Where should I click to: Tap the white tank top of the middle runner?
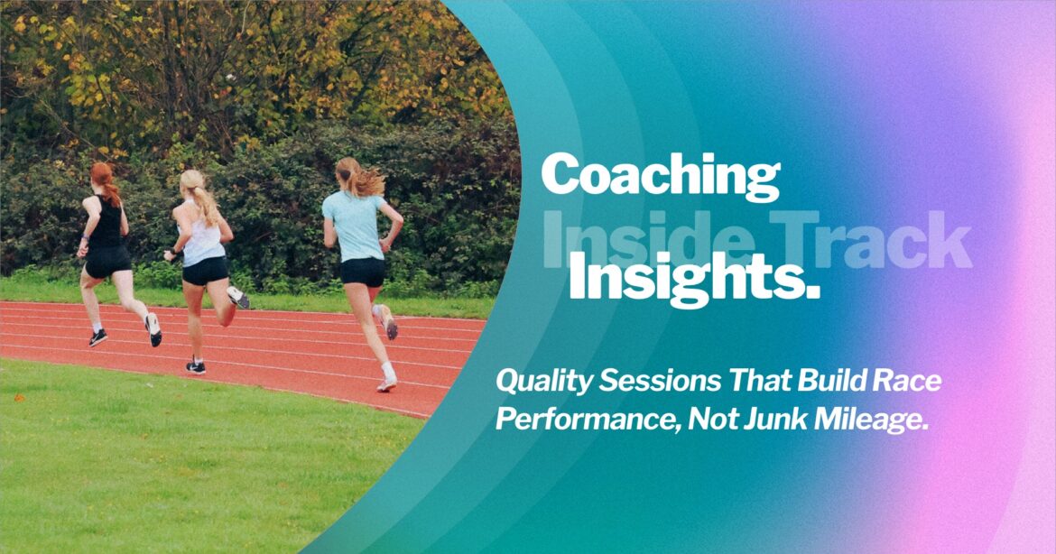[x=204, y=241]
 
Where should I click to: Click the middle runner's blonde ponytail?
[x=205, y=203]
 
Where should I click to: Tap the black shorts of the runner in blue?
[x=363, y=272]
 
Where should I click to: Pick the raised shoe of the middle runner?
[x=239, y=297]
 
